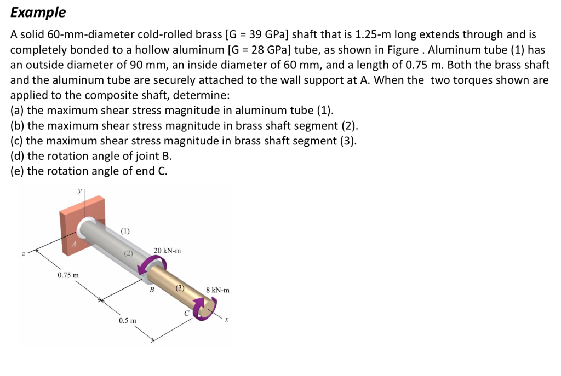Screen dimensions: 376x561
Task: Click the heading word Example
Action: tap(38, 12)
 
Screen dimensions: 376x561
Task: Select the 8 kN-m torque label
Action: tap(217, 290)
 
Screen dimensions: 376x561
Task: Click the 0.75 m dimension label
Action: tap(68, 274)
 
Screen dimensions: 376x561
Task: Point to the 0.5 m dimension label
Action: tap(128, 320)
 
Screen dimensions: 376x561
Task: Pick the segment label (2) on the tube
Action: tap(128, 253)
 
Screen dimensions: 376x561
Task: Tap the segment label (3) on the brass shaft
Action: tap(180, 287)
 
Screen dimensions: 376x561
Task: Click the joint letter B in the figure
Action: tap(152, 291)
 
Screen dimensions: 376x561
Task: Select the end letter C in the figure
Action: tap(187, 313)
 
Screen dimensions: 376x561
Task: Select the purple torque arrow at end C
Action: tap(205, 308)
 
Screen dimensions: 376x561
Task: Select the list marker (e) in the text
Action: tap(17, 171)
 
